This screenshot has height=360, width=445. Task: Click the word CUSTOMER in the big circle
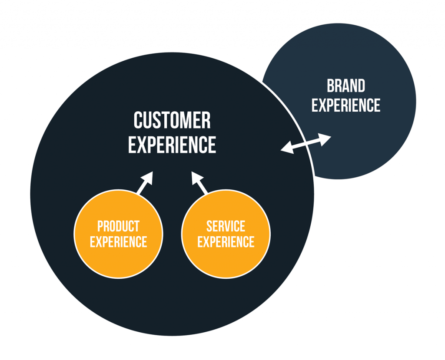click(x=172, y=120)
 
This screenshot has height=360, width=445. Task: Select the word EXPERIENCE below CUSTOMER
click(x=172, y=145)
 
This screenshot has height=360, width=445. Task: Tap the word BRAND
click(x=346, y=86)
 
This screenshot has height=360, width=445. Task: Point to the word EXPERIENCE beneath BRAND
click(x=346, y=105)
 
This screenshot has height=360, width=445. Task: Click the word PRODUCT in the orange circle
click(x=118, y=226)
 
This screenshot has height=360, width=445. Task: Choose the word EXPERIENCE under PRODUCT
click(x=118, y=241)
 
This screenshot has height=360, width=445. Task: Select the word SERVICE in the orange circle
click(x=226, y=226)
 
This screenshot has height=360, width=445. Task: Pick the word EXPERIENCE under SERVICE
click(x=226, y=241)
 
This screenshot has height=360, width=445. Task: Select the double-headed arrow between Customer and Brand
click(x=306, y=144)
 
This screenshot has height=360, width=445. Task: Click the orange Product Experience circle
click(x=118, y=256)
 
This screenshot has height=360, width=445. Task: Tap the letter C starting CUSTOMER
click(x=139, y=120)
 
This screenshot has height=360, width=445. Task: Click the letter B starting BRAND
click(x=331, y=86)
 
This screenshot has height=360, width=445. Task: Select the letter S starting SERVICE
click(x=209, y=226)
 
